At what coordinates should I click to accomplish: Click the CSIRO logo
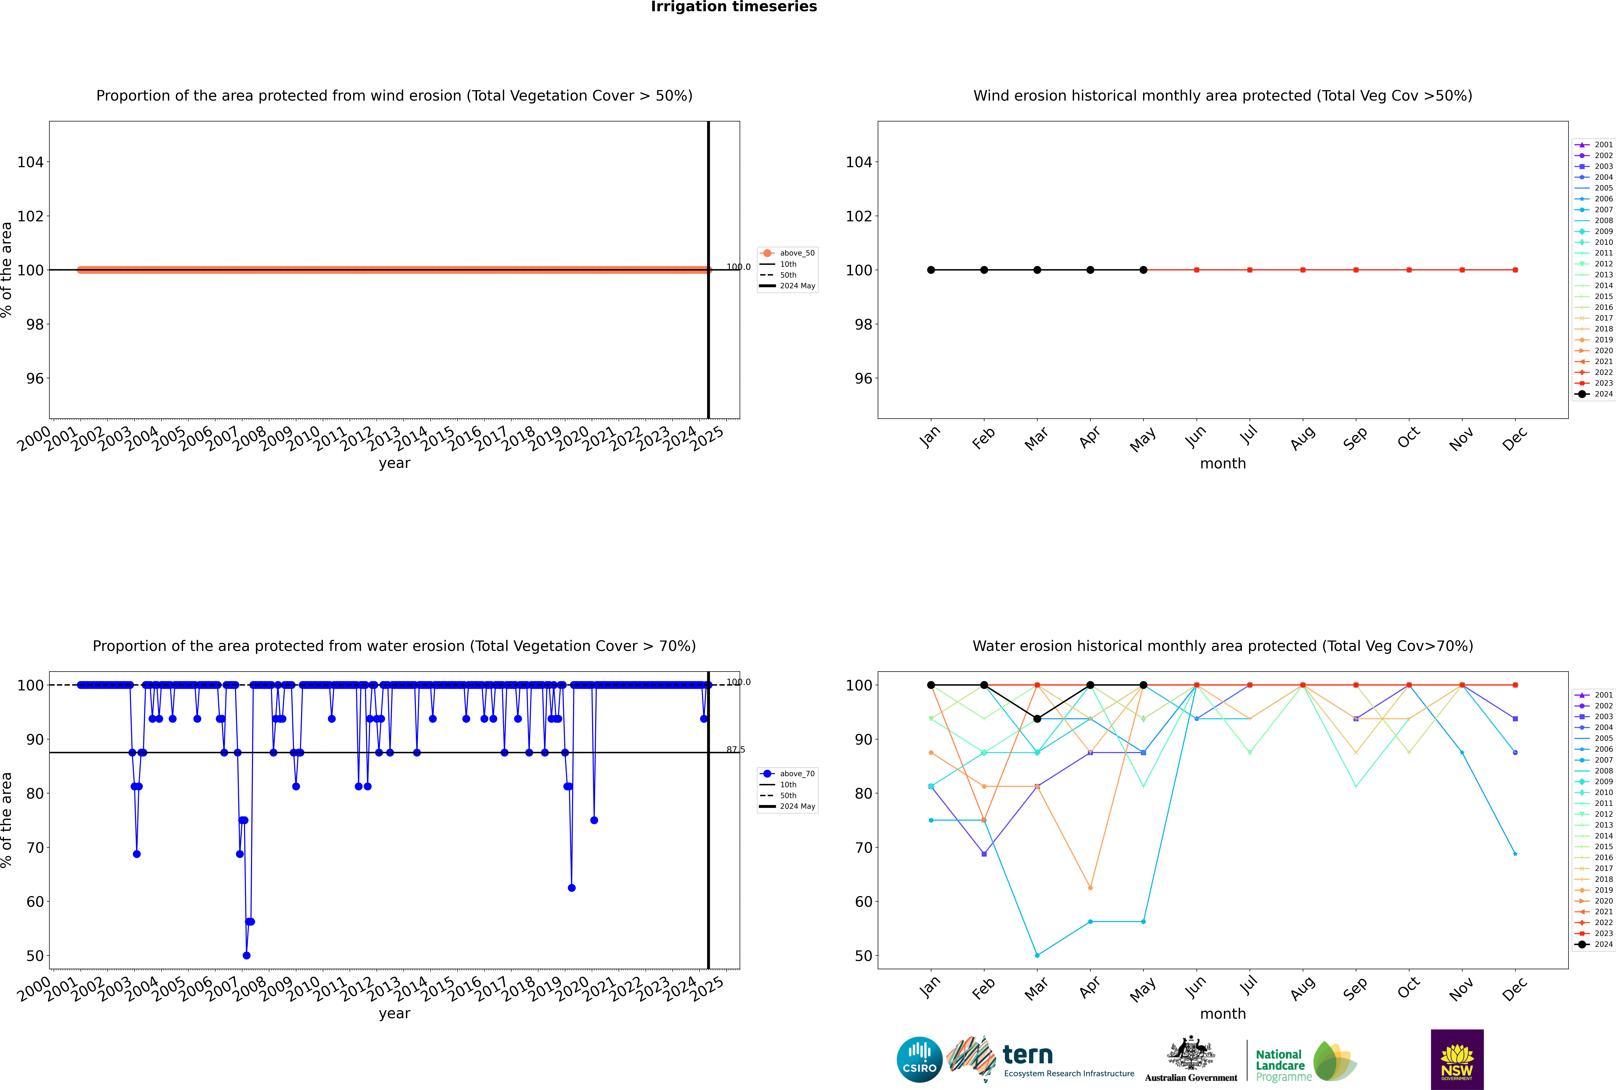click(919, 1059)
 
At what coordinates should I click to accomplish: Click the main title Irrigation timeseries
click(734, 7)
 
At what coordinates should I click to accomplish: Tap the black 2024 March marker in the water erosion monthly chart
click(1037, 719)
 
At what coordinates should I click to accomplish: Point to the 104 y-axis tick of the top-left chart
click(30, 162)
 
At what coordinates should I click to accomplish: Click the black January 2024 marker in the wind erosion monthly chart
click(931, 270)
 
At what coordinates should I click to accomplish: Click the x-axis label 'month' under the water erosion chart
click(1223, 1014)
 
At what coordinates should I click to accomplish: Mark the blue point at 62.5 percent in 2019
click(572, 888)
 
